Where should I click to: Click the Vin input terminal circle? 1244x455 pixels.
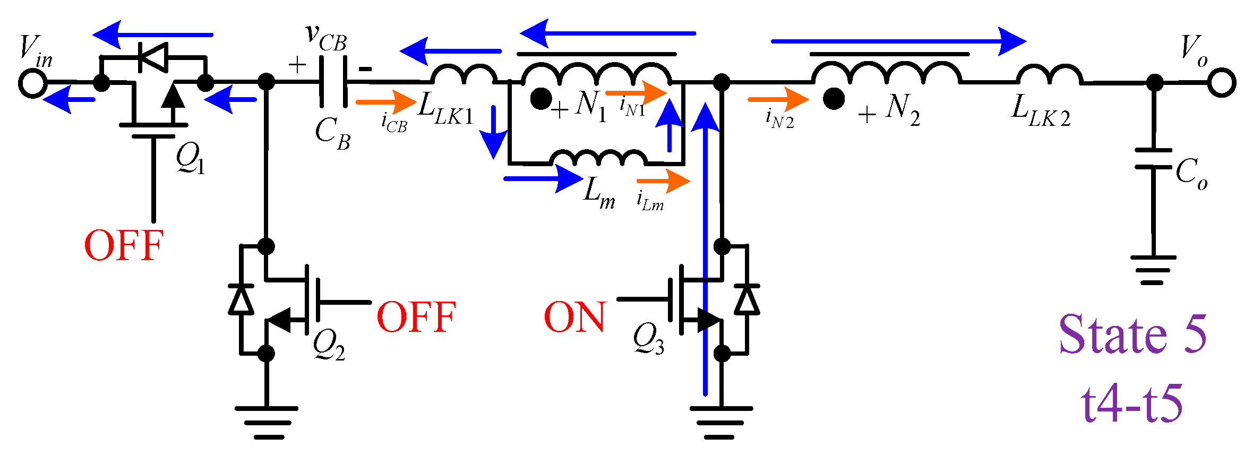click(x=32, y=83)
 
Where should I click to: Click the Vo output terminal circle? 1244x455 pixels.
click(x=1222, y=82)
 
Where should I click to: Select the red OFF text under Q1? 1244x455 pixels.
click(x=124, y=246)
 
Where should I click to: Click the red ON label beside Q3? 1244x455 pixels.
click(x=574, y=317)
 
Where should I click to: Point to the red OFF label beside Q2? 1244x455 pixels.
click(x=416, y=317)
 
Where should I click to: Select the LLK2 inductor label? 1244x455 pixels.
click(x=1040, y=111)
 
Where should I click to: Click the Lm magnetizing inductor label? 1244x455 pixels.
click(x=599, y=193)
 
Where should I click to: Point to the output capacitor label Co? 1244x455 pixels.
click(x=1191, y=174)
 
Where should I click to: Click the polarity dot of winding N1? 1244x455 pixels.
click(x=541, y=99)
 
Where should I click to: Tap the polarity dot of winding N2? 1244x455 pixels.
click(x=834, y=99)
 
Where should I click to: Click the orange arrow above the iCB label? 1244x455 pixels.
click(x=386, y=101)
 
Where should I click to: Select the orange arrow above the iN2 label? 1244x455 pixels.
click(x=778, y=99)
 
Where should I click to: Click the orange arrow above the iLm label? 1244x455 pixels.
click(x=663, y=181)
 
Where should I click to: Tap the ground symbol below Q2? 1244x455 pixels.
click(x=267, y=423)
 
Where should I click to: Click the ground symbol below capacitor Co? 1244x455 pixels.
click(x=1153, y=270)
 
